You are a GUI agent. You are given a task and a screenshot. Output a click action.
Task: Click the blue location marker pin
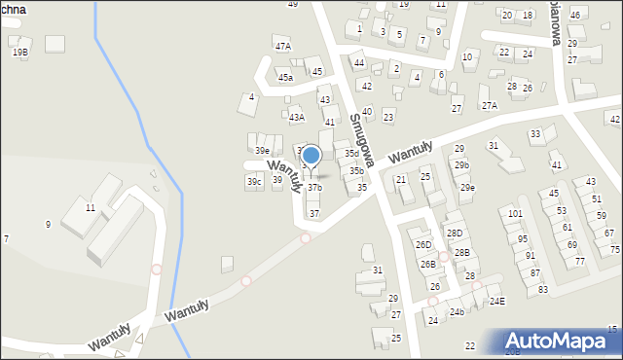(311, 156)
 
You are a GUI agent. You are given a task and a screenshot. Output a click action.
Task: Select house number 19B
(20, 53)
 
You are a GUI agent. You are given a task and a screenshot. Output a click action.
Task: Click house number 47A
(283, 46)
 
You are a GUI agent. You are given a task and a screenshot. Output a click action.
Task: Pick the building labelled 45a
(285, 77)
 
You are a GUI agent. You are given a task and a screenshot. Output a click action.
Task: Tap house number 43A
(297, 117)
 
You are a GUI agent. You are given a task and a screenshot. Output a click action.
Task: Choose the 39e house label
(262, 151)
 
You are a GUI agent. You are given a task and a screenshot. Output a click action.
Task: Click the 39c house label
(254, 182)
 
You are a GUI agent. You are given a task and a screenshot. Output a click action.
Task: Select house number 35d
(351, 154)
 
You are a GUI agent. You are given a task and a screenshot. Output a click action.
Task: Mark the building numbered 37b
(314, 188)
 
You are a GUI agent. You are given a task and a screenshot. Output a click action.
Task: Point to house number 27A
(489, 105)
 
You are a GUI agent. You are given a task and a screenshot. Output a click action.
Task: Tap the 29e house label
(468, 187)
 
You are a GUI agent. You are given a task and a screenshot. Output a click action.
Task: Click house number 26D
(422, 244)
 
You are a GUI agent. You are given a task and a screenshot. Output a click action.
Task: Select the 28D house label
(455, 234)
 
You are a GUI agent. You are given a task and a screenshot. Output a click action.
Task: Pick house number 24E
(497, 302)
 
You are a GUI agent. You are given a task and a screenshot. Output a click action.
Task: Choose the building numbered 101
(515, 213)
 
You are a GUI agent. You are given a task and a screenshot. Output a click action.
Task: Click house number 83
(543, 290)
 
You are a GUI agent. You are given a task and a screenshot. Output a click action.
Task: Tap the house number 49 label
(292, 5)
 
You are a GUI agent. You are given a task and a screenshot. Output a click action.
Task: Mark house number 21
(400, 180)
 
